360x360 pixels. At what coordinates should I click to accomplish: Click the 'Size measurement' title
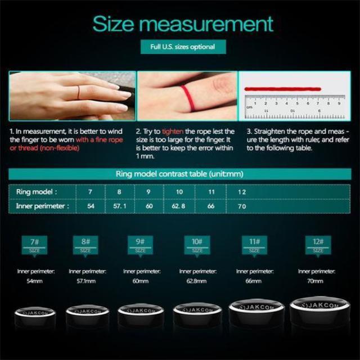pyautogui.click(x=183, y=24)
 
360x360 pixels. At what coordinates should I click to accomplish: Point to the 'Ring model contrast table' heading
pyautogui.click(x=179, y=174)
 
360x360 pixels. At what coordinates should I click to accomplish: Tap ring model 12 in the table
pyautogui.click(x=241, y=192)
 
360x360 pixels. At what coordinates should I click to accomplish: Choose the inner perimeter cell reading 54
pyautogui.click(x=91, y=206)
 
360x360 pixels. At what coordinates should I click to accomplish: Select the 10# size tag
pyautogui.click(x=197, y=245)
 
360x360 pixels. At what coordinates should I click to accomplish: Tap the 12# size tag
pyautogui.click(x=318, y=245)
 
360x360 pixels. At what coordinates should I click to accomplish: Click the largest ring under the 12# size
pyautogui.click(x=317, y=312)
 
